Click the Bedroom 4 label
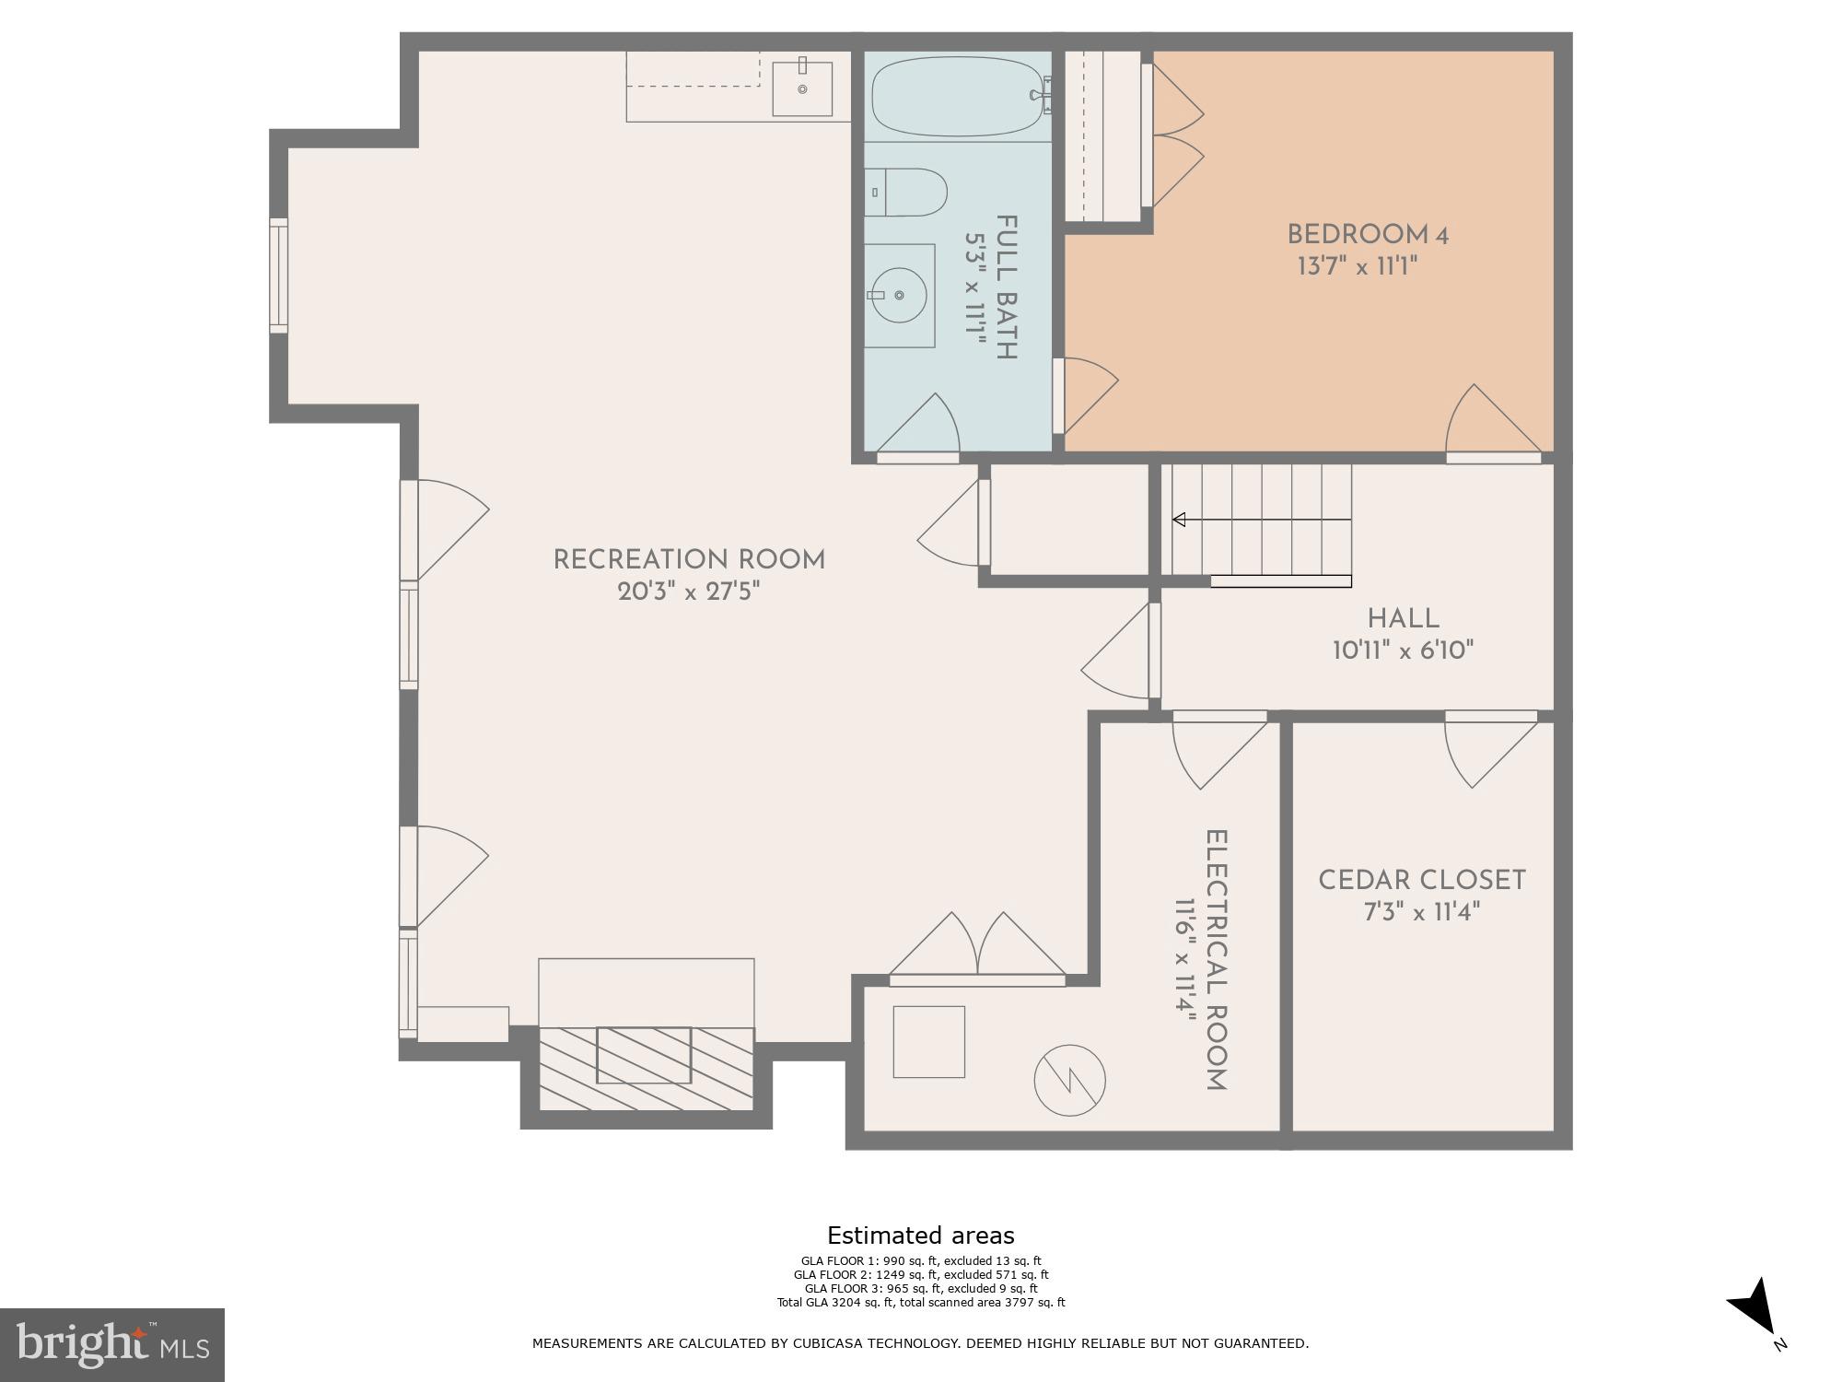(x=1367, y=235)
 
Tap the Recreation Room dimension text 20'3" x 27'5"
(x=689, y=591)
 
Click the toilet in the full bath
(x=907, y=193)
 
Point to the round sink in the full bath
(x=898, y=295)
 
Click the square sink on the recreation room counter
(x=801, y=89)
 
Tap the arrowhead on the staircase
(x=1179, y=520)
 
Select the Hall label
(x=1403, y=619)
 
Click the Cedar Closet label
(x=1421, y=881)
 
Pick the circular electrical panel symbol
(x=1069, y=1080)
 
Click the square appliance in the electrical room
(x=928, y=1042)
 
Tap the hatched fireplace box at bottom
(x=645, y=1068)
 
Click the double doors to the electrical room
(x=977, y=949)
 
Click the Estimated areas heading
(x=920, y=1236)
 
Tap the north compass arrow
(x=1754, y=1309)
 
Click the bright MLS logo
(x=111, y=1344)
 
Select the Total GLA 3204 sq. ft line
(x=920, y=1302)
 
